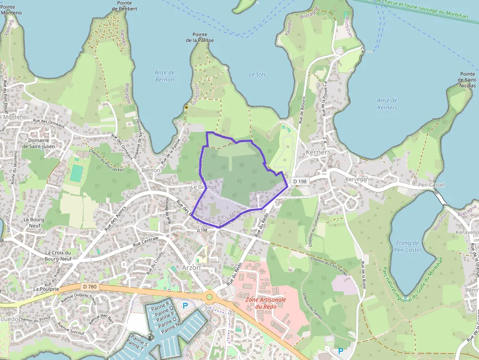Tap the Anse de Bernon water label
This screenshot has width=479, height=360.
[165, 76]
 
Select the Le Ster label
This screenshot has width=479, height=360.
[257, 75]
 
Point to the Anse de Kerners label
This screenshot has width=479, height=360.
[387, 104]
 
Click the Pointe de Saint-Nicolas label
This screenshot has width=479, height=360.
[467, 80]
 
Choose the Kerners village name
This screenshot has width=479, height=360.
[318, 152]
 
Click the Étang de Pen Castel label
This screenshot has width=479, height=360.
[407, 247]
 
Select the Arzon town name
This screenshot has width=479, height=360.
[191, 268]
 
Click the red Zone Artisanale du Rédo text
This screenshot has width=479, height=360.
[266, 303]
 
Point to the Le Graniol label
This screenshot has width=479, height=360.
[204, 187]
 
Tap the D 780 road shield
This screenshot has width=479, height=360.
[91, 287]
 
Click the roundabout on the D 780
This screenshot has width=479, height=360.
[210, 296]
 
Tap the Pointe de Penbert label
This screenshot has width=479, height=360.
[124, 6]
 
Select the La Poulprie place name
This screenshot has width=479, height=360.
[46, 289]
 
